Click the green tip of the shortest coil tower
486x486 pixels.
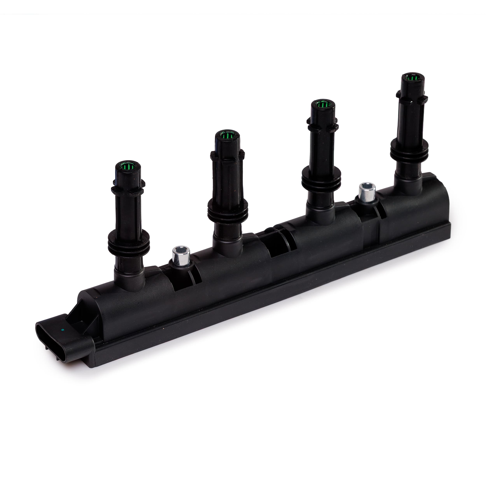tap(128, 166)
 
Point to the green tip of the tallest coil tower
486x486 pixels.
tap(413, 78)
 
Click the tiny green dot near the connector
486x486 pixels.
tap(62, 330)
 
